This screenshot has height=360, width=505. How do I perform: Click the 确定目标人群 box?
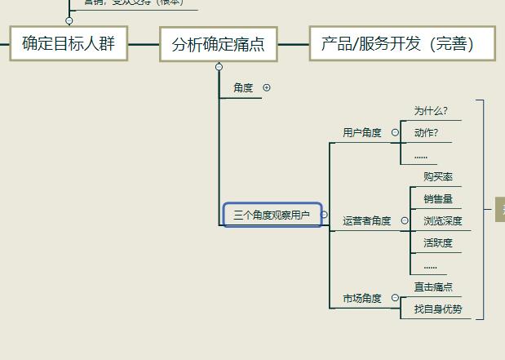tap(69, 43)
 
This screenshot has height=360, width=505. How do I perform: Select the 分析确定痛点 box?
tap(218, 44)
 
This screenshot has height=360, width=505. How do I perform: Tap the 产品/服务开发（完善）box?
tap(401, 43)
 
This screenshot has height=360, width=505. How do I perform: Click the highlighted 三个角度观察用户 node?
tap(272, 215)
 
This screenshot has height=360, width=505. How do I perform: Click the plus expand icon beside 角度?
tap(267, 87)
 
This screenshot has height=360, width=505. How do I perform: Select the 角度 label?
tap(243, 88)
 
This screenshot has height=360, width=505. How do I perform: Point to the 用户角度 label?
tap(362, 132)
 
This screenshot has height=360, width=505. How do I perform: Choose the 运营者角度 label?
tap(367, 220)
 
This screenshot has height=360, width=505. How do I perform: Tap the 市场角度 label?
tap(362, 299)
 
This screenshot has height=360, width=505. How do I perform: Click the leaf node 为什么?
tap(431, 111)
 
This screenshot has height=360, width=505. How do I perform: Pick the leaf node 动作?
tap(426, 132)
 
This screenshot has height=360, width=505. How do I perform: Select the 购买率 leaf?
tap(438, 177)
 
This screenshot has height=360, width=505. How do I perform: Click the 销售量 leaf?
tap(438, 198)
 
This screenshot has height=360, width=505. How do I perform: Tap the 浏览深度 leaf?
tap(442, 220)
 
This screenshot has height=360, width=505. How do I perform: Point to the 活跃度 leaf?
tap(438, 242)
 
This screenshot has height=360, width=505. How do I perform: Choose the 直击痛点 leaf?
tap(433, 287)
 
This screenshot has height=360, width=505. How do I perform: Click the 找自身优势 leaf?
tap(438, 309)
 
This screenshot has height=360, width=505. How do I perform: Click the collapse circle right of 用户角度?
tap(395, 132)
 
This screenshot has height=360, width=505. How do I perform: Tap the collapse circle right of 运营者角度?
tap(405, 220)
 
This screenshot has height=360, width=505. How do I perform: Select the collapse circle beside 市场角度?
tap(395, 299)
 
